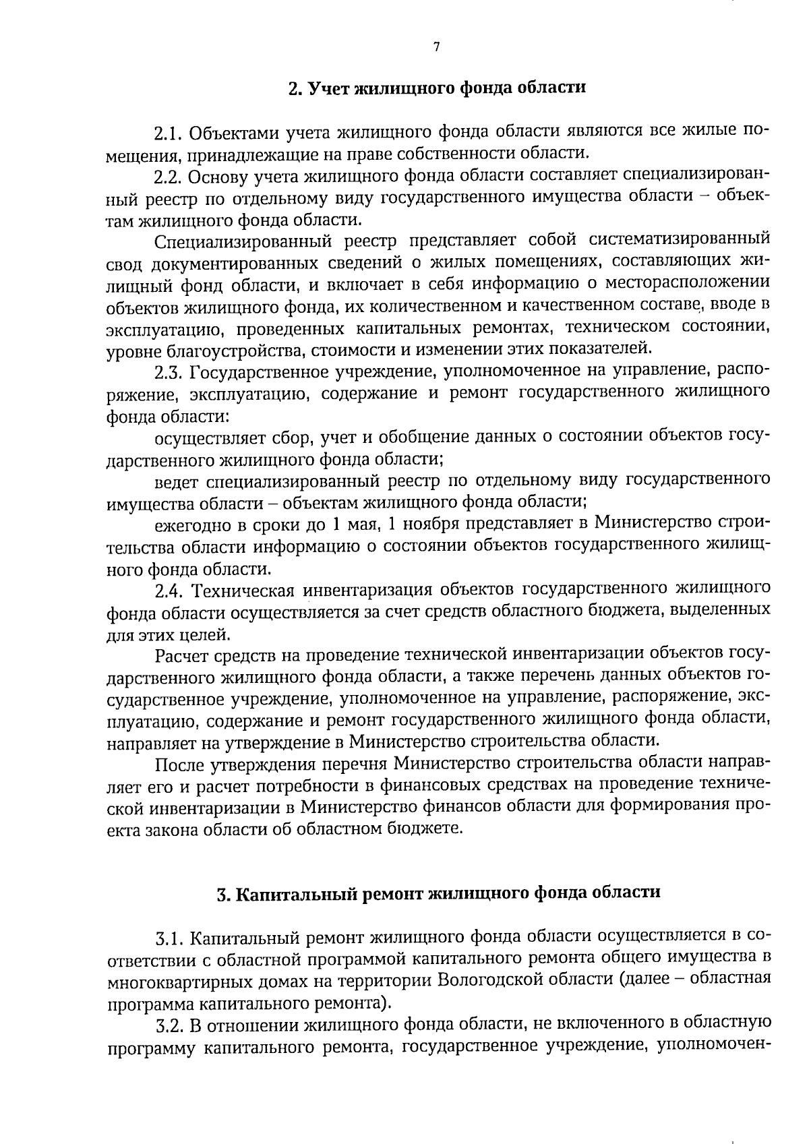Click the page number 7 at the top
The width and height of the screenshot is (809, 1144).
(x=436, y=47)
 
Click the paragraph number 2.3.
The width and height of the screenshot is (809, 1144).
(x=169, y=371)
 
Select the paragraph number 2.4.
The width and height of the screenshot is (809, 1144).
(x=169, y=590)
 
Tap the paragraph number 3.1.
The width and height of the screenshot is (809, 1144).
(x=169, y=938)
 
